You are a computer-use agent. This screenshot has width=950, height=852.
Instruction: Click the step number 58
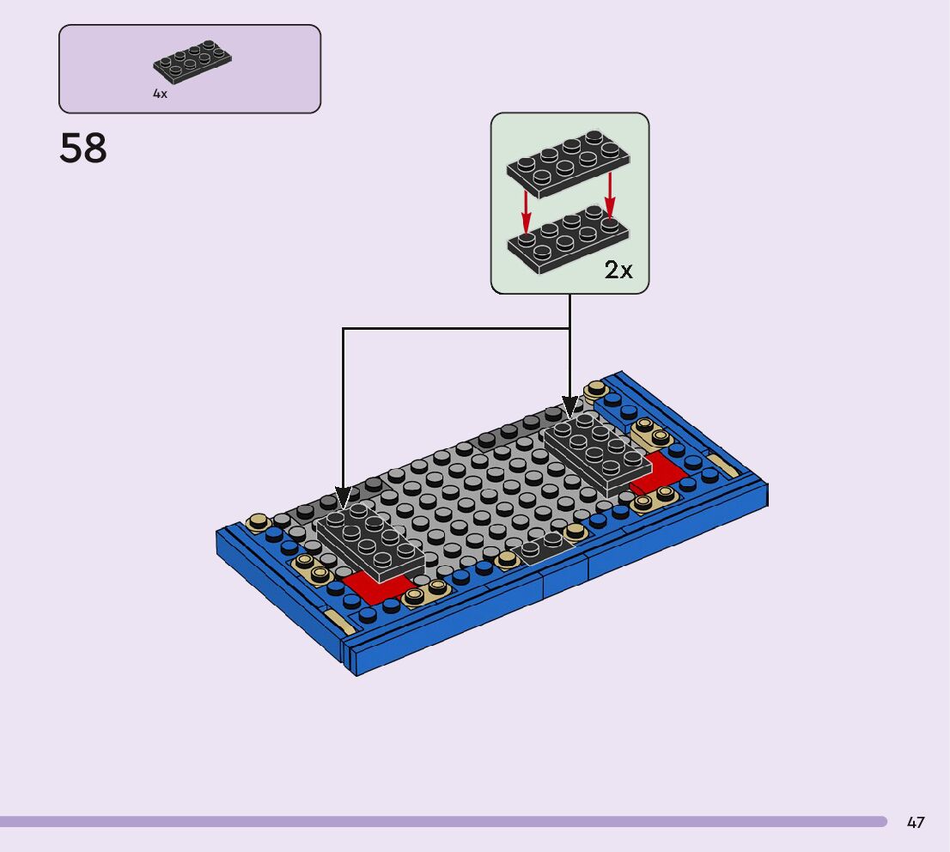[x=83, y=149]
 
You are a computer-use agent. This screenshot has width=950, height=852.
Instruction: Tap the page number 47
[x=916, y=823]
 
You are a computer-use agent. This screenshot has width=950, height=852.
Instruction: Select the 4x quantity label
[x=160, y=94]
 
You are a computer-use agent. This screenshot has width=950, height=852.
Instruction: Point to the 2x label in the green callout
[x=618, y=271]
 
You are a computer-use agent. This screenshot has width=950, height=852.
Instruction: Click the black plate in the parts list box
[x=192, y=63]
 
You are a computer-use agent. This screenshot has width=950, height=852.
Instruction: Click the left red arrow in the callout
[x=527, y=206]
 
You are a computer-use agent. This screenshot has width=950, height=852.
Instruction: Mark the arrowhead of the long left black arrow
[x=343, y=498]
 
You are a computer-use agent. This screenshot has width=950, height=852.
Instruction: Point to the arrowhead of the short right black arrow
[x=569, y=407]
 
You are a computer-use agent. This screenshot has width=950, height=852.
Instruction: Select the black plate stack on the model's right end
[x=596, y=451]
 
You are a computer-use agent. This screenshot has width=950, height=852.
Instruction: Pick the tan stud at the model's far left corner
[x=257, y=521]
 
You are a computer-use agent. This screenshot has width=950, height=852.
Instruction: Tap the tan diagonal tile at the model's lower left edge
[x=338, y=621]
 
